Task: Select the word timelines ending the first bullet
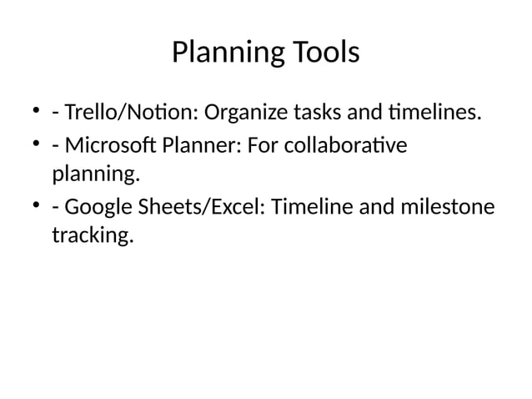434,112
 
